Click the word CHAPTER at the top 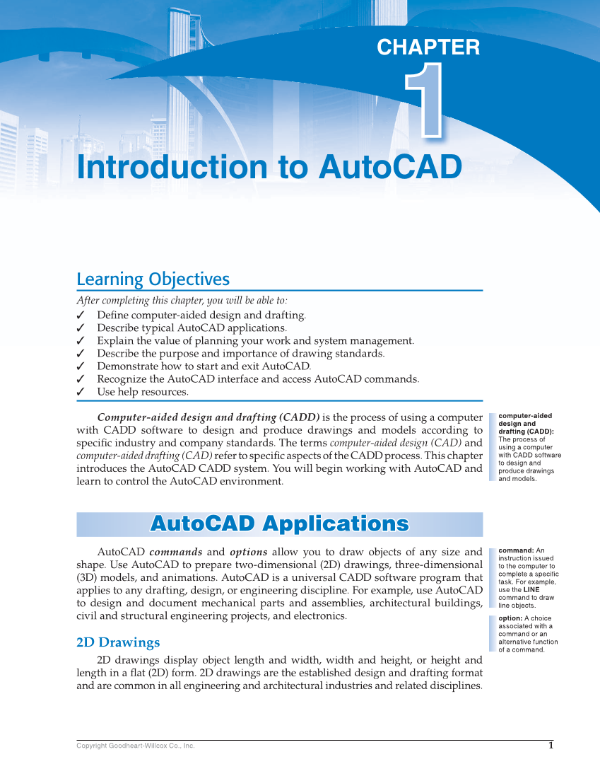click(x=428, y=47)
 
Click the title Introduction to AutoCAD click(x=269, y=168)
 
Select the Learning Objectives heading click(x=153, y=279)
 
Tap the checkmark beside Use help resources click(x=81, y=392)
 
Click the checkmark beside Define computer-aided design click(x=81, y=316)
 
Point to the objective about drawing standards click(x=240, y=354)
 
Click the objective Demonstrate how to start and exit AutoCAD click(x=204, y=366)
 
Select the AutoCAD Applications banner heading click(x=279, y=524)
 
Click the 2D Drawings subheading click(x=118, y=642)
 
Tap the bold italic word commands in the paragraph click(x=176, y=552)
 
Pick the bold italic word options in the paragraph click(x=248, y=552)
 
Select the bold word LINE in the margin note click(x=531, y=589)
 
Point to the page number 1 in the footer click(x=551, y=745)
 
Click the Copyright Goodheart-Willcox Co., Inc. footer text click(x=135, y=746)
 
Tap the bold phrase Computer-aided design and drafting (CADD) click(x=208, y=417)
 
